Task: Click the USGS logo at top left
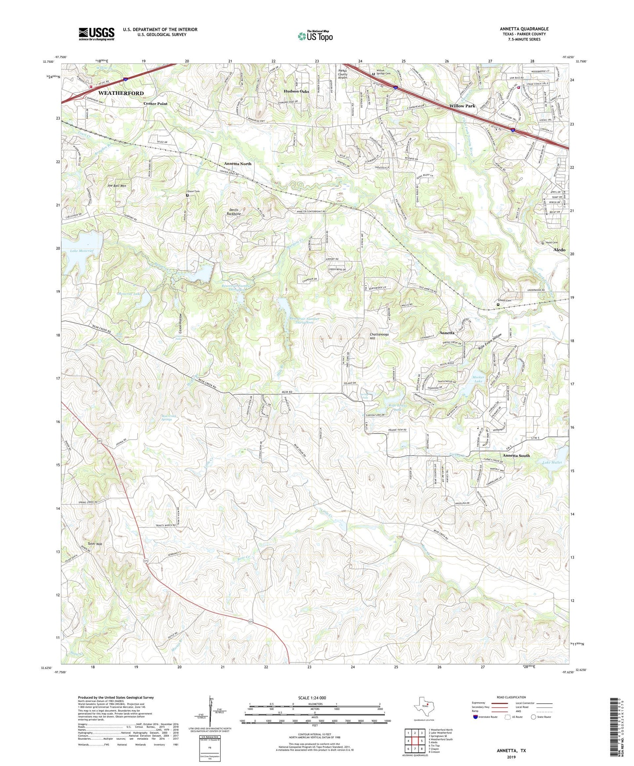(x=97, y=34)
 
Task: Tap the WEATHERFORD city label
(x=121, y=93)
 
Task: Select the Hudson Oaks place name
(x=296, y=91)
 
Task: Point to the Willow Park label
(x=462, y=106)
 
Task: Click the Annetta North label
(x=238, y=164)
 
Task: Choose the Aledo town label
(x=559, y=249)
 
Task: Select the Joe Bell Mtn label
(x=116, y=186)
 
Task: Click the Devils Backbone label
(x=233, y=211)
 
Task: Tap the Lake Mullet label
(x=552, y=462)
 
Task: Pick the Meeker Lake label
(x=478, y=379)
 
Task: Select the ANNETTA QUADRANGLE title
(x=524, y=29)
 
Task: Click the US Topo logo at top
(x=315, y=36)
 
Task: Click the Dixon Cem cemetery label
(x=193, y=191)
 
